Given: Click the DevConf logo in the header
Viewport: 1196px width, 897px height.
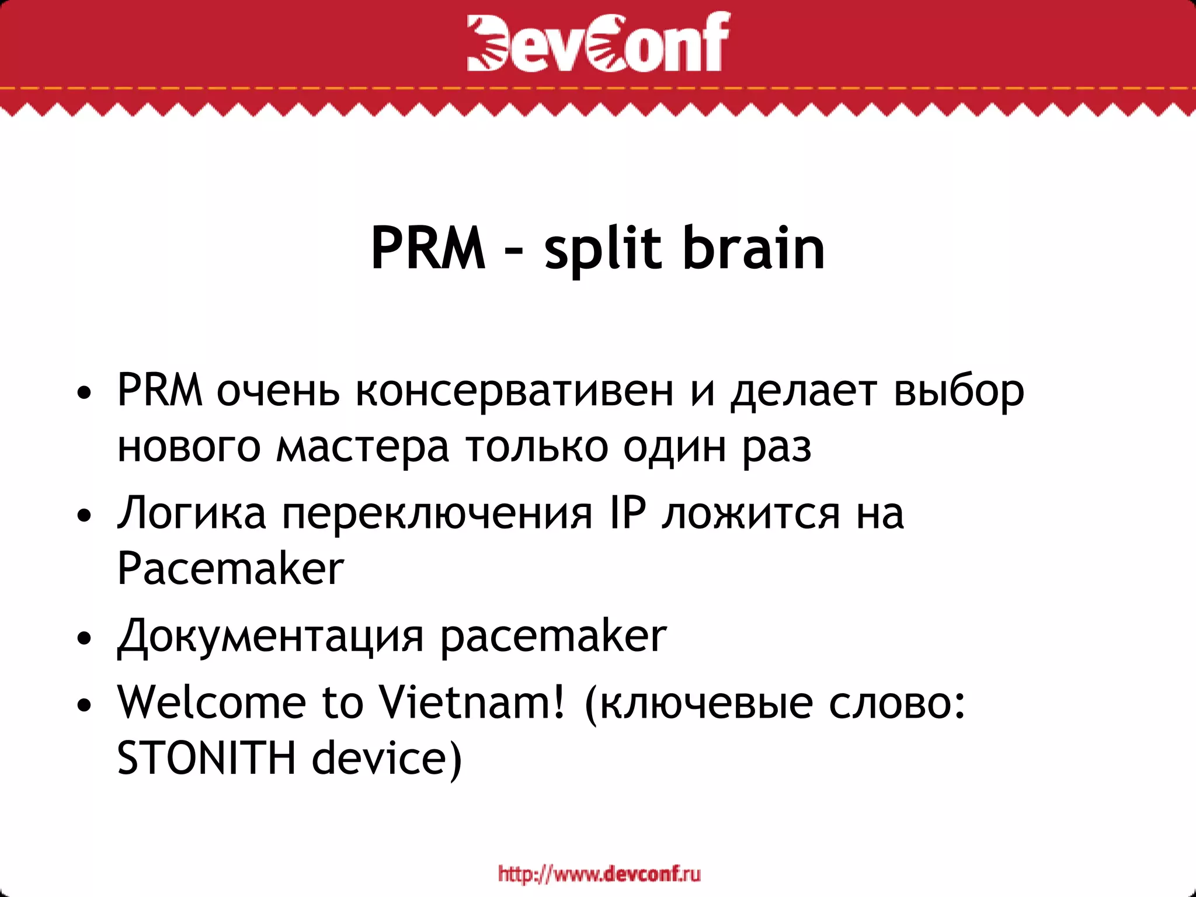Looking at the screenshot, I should pyautogui.click(x=598, y=42).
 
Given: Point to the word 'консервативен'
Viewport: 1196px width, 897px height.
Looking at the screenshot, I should pyautogui.click(x=514, y=391).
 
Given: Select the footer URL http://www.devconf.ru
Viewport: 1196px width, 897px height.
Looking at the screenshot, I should pyautogui.click(x=599, y=874).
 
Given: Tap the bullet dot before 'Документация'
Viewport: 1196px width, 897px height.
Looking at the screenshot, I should pyautogui.click(x=85, y=639).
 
